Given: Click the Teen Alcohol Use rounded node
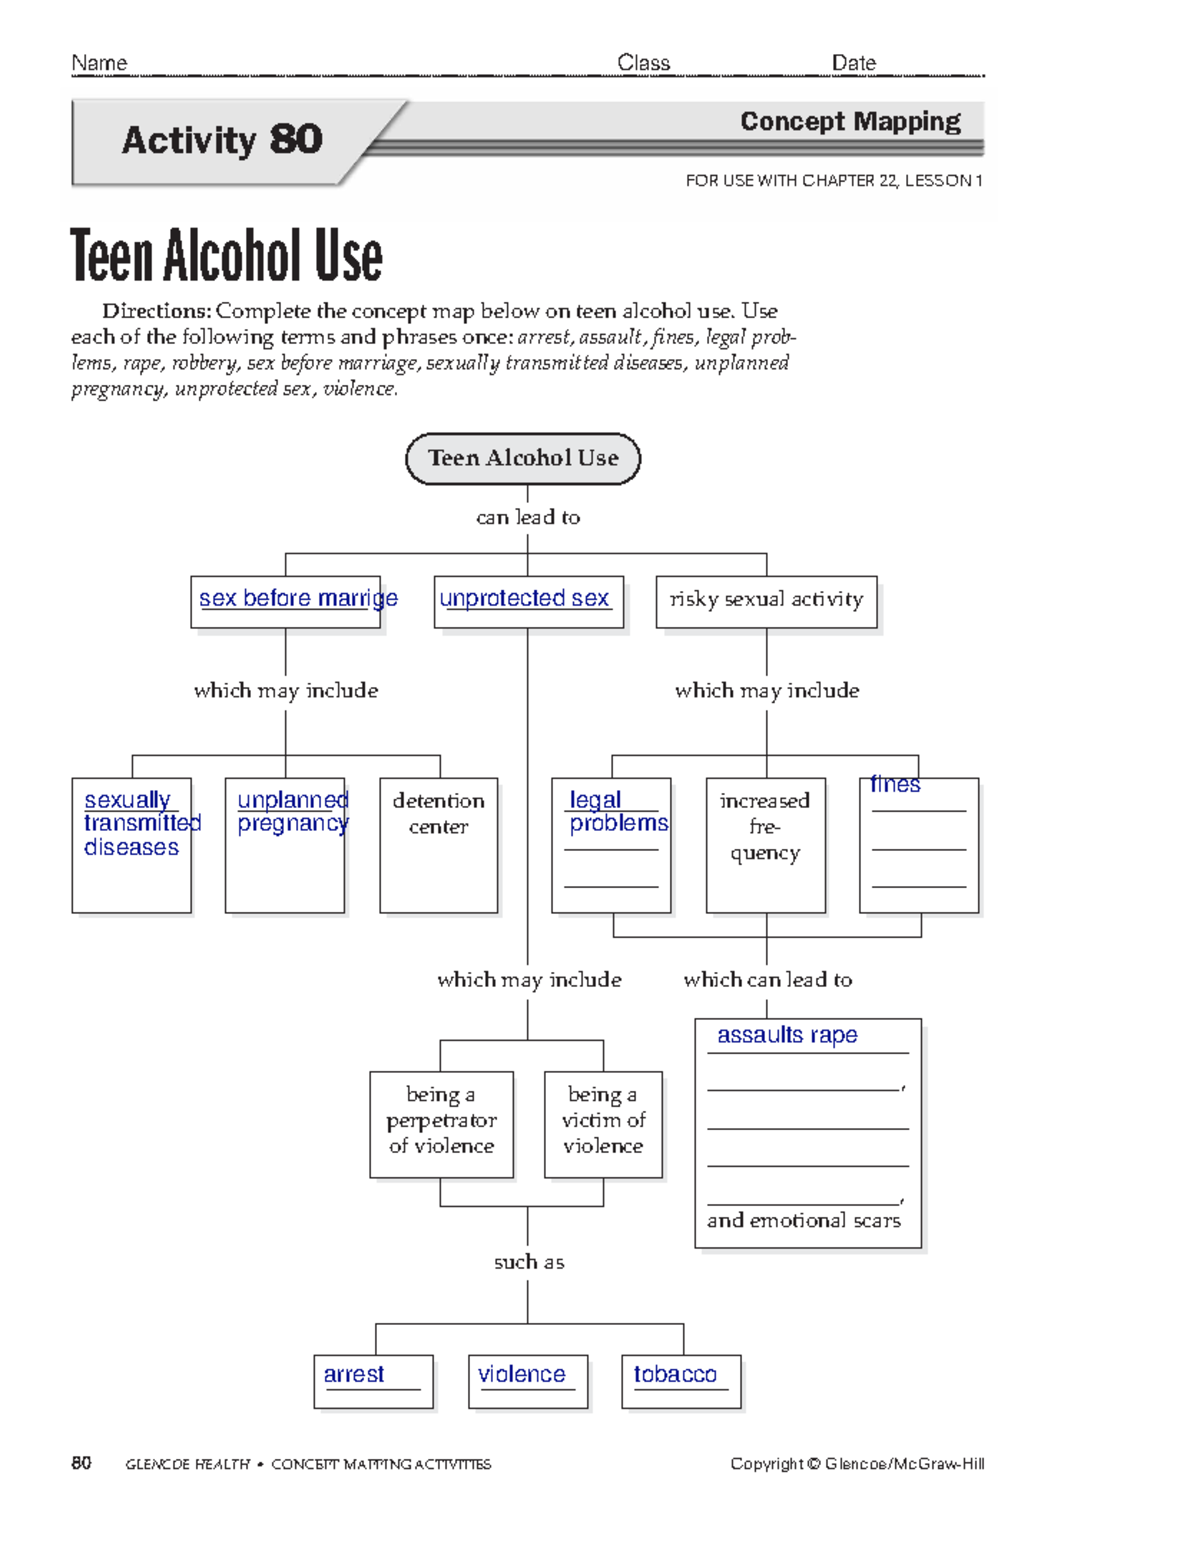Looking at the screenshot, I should click(x=523, y=458).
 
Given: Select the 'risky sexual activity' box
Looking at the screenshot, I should click(x=766, y=600).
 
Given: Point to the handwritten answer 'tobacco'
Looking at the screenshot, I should click(x=675, y=1374).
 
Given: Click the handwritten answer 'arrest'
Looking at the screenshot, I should click(x=354, y=1374).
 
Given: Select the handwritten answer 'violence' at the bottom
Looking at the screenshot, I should click(x=522, y=1374).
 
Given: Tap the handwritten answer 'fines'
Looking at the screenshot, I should click(x=895, y=784).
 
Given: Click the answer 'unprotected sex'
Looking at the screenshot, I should click(x=525, y=598).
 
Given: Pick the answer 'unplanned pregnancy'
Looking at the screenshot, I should click(x=292, y=811).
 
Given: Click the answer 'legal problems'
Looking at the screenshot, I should click(x=617, y=811).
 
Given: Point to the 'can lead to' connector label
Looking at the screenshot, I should click(x=528, y=517).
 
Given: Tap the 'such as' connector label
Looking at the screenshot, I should click(x=529, y=1262).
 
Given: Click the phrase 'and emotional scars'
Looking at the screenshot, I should click(x=804, y=1220).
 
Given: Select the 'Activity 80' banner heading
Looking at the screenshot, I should click(x=222, y=140).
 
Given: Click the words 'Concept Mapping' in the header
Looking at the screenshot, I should click(x=850, y=122).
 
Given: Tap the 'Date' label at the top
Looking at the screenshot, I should click(x=854, y=63).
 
